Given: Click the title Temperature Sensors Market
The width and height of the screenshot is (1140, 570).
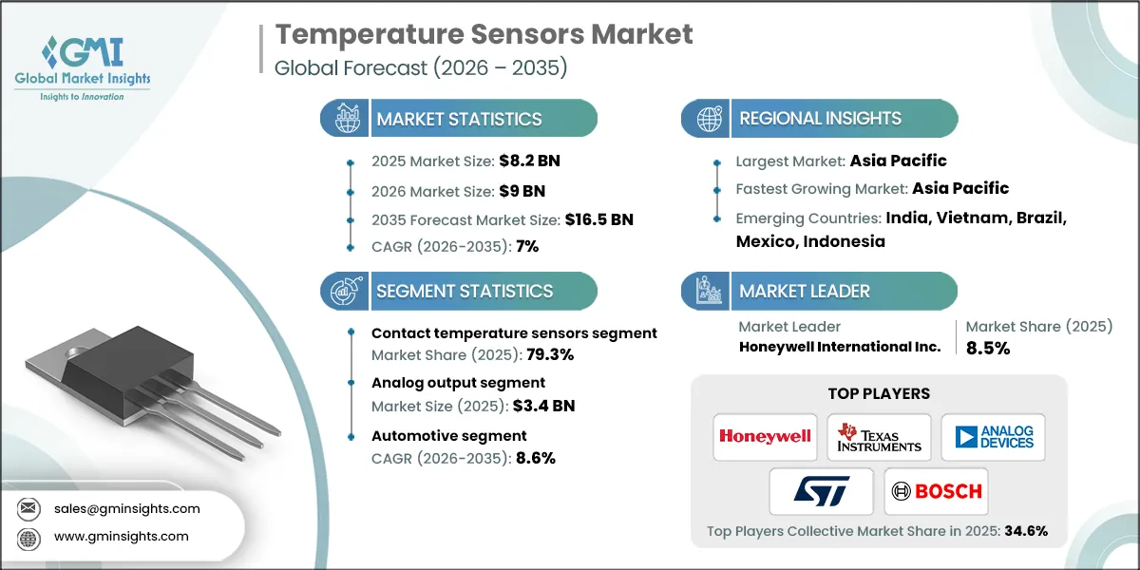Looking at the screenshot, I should click(484, 35).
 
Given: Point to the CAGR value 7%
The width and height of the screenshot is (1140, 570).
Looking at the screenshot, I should click(526, 247).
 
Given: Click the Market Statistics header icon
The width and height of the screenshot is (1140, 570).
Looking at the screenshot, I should click(346, 119).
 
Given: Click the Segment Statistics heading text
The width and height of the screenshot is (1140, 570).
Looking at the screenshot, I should click(465, 291).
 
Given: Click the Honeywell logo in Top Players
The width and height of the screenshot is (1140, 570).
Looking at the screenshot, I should click(765, 437).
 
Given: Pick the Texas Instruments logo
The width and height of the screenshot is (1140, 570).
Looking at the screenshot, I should click(879, 437).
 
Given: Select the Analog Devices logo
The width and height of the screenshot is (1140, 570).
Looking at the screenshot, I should click(993, 437).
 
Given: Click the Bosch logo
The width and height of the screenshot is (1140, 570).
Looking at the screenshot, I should click(936, 491).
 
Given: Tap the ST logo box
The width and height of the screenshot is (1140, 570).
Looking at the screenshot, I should click(821, 491).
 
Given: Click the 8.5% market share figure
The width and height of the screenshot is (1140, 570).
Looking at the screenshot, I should click(988, 348).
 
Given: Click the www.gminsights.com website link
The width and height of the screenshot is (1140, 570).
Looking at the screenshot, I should click(120, 536).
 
